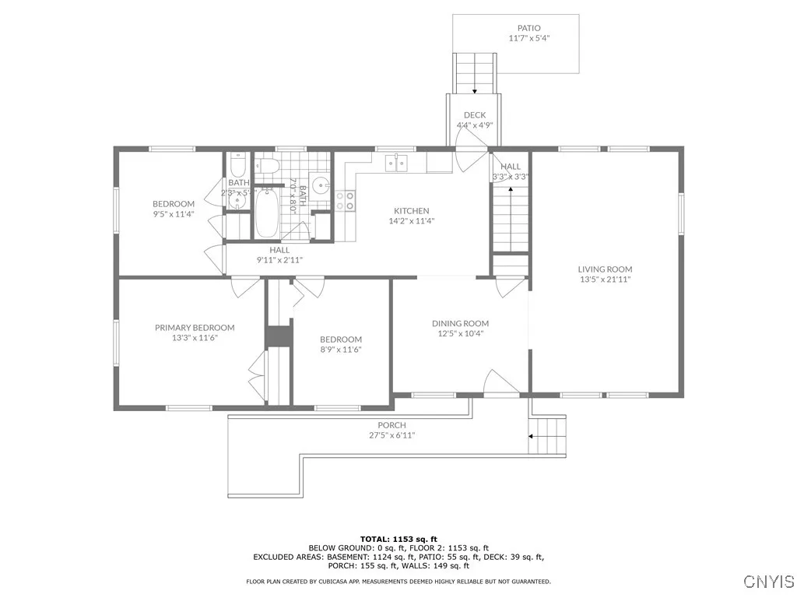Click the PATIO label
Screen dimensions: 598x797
click(529, 28)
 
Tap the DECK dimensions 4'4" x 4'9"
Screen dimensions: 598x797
click(475, 125)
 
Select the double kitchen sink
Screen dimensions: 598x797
click(398, 162)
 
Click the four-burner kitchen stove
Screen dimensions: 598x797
click(346, 201)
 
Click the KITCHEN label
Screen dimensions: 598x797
click(411, 211)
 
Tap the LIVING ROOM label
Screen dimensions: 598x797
click(605, 269)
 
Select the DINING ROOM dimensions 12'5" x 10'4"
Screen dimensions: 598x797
click(460, 334)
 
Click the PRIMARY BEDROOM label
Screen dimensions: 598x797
click(195, 328)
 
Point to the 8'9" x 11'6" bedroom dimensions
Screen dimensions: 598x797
click(341, 350)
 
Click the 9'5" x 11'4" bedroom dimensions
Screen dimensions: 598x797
click(173, 214)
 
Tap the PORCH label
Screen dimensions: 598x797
click(392, 425)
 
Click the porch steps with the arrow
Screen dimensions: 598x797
click(547, 436)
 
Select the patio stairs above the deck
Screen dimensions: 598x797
click(475, 72)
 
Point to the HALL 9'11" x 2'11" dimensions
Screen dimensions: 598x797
click(280, 260)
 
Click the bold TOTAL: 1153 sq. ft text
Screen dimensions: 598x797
click(398, 539)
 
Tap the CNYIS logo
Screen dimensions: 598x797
click(768, 582)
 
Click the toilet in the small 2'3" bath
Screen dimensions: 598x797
click(238, 164)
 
